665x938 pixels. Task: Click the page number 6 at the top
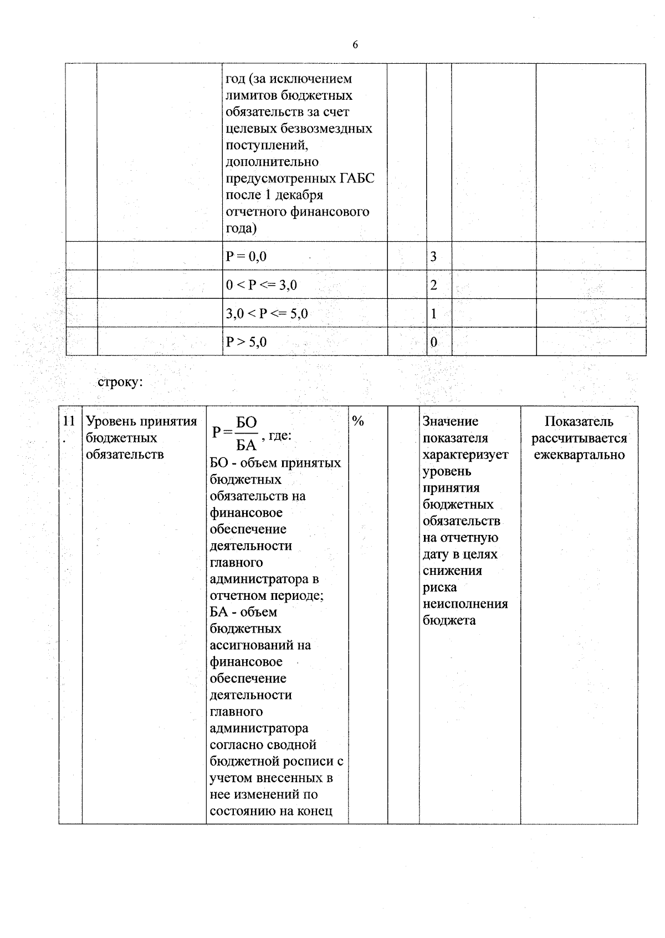pyautogui.click(x=355, y=45)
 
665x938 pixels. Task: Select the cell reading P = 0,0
pyautogui.click(x=247, y=256)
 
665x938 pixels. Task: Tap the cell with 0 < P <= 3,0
pyautogui.click(x=262, y=285)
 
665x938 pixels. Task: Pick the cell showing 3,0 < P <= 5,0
pyautogui.click(x=267, y=314)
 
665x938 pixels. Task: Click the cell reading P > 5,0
pyautogui.click(x=247, y=342)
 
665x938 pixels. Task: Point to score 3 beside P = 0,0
pyautogui.click(x=433, y=256)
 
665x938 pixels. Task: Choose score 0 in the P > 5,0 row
pyautogui.click(x=433, y=342)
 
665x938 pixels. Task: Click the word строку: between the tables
pyautogui.click(x=120, y=382)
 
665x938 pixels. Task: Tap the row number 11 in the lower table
pyautogui.click(x=68, y=421)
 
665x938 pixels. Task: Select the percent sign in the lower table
pyautogui.click(x=358, y=421)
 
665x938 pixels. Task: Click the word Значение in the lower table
pyautogui.click(x=450, y=421)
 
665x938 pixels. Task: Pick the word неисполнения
pyautogui.click(x=465, y=604)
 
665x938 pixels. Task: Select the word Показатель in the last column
pyautogui.click(x=579, y=421)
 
